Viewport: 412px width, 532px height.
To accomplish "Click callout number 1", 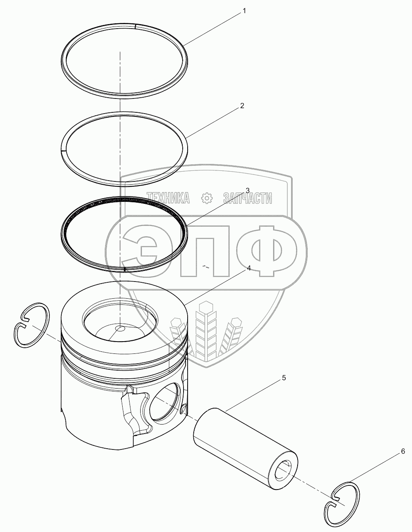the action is [x=244, y=11].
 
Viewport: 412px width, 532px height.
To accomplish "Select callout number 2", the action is [x=242, y=106].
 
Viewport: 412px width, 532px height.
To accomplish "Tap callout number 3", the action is [x=248, y=190].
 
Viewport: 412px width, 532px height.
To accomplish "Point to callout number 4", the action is [x=249, y=268].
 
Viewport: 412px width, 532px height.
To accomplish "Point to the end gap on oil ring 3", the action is [x=125, y=270].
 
